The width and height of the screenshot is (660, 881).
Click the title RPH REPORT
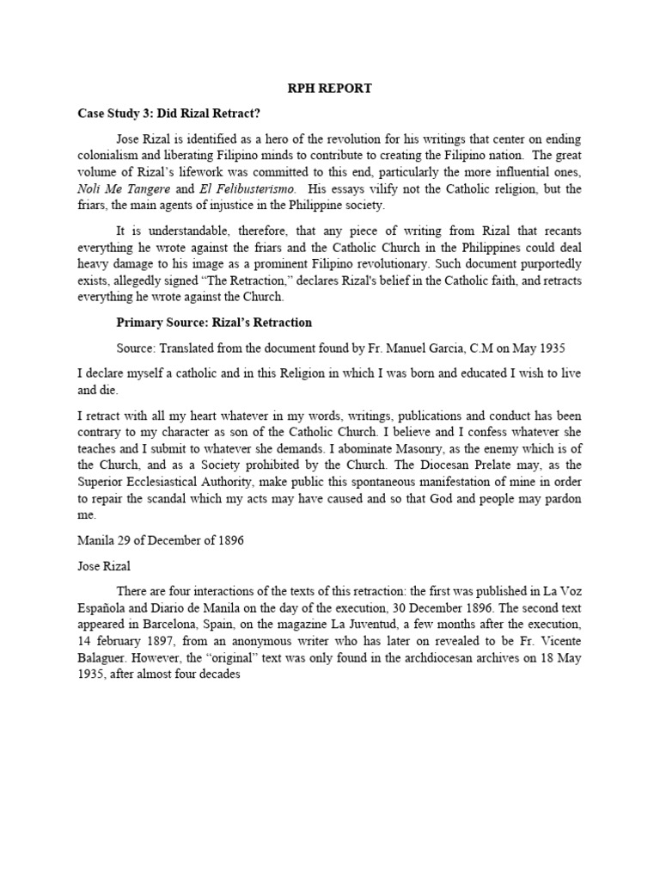(330, 89)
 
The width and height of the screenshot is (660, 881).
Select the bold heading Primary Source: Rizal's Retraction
(214, 323)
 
